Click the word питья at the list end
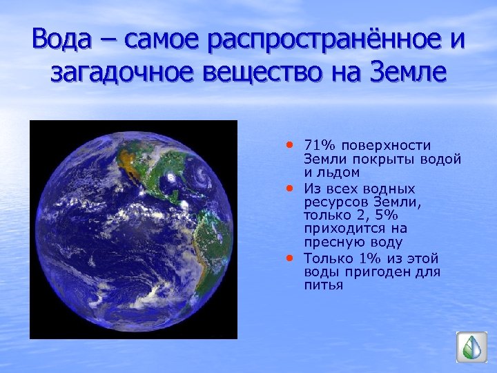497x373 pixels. [322, 285]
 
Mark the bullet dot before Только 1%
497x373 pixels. [290, 257]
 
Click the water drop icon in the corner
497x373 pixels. [471, 347]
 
